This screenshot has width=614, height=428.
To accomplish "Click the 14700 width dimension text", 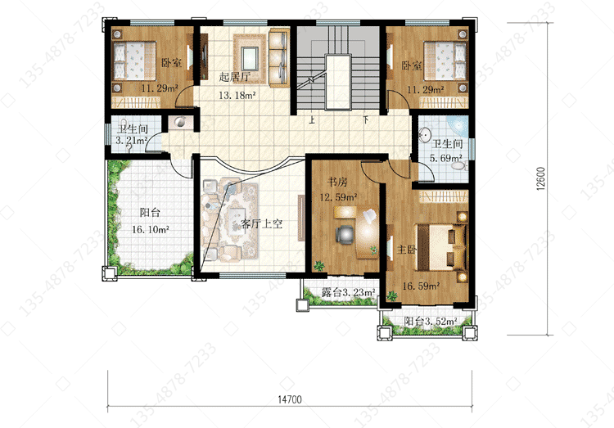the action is tap(290, 399).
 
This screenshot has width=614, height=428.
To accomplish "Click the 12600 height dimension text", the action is tap(541, 178).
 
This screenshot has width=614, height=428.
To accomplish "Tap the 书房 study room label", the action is tap(337, 182).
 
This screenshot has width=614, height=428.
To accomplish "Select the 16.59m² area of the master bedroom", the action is tap(421, 286).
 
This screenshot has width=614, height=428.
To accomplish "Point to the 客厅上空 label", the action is tap(261, 224).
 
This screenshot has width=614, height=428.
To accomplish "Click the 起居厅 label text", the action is tap(235, 77).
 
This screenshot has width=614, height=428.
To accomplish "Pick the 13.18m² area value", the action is tap(237, 95).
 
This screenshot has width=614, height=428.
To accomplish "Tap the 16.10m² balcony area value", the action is tap(151, 229).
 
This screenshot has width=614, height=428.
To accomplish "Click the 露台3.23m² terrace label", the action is tap(348, 292).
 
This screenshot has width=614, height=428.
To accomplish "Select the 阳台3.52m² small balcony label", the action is tap(431, 322).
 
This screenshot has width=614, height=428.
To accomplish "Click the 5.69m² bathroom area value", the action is tap(445, 158).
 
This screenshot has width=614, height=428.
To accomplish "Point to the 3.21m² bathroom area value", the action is tap(131, 140).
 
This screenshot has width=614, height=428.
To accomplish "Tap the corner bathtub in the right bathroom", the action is tap(459, 125).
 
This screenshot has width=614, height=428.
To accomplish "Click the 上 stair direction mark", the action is tap(312, 119).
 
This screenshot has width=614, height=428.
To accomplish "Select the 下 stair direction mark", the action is tap(366, 119).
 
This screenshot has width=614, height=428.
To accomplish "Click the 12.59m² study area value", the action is tap(338, 197).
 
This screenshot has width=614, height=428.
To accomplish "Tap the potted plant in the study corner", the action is tap(319, 266).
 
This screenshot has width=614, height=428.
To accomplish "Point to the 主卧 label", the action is tap(406, 249).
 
